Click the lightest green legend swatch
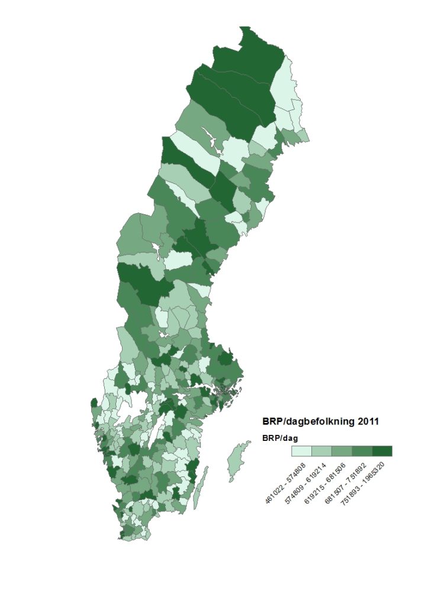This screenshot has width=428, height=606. (302, 451)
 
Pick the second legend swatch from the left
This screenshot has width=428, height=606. (322, 451)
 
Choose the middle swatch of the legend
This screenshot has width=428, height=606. (342, 451)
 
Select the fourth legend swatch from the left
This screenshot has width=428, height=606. (362, 451)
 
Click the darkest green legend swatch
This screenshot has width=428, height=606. (382, 451)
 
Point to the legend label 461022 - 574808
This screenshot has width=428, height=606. (285, 483)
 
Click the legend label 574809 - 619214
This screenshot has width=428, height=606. (305, 483)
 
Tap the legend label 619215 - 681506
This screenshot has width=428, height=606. (326, 483)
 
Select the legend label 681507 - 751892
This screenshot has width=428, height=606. (346, 483)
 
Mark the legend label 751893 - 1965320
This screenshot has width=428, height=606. (367, 483)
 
